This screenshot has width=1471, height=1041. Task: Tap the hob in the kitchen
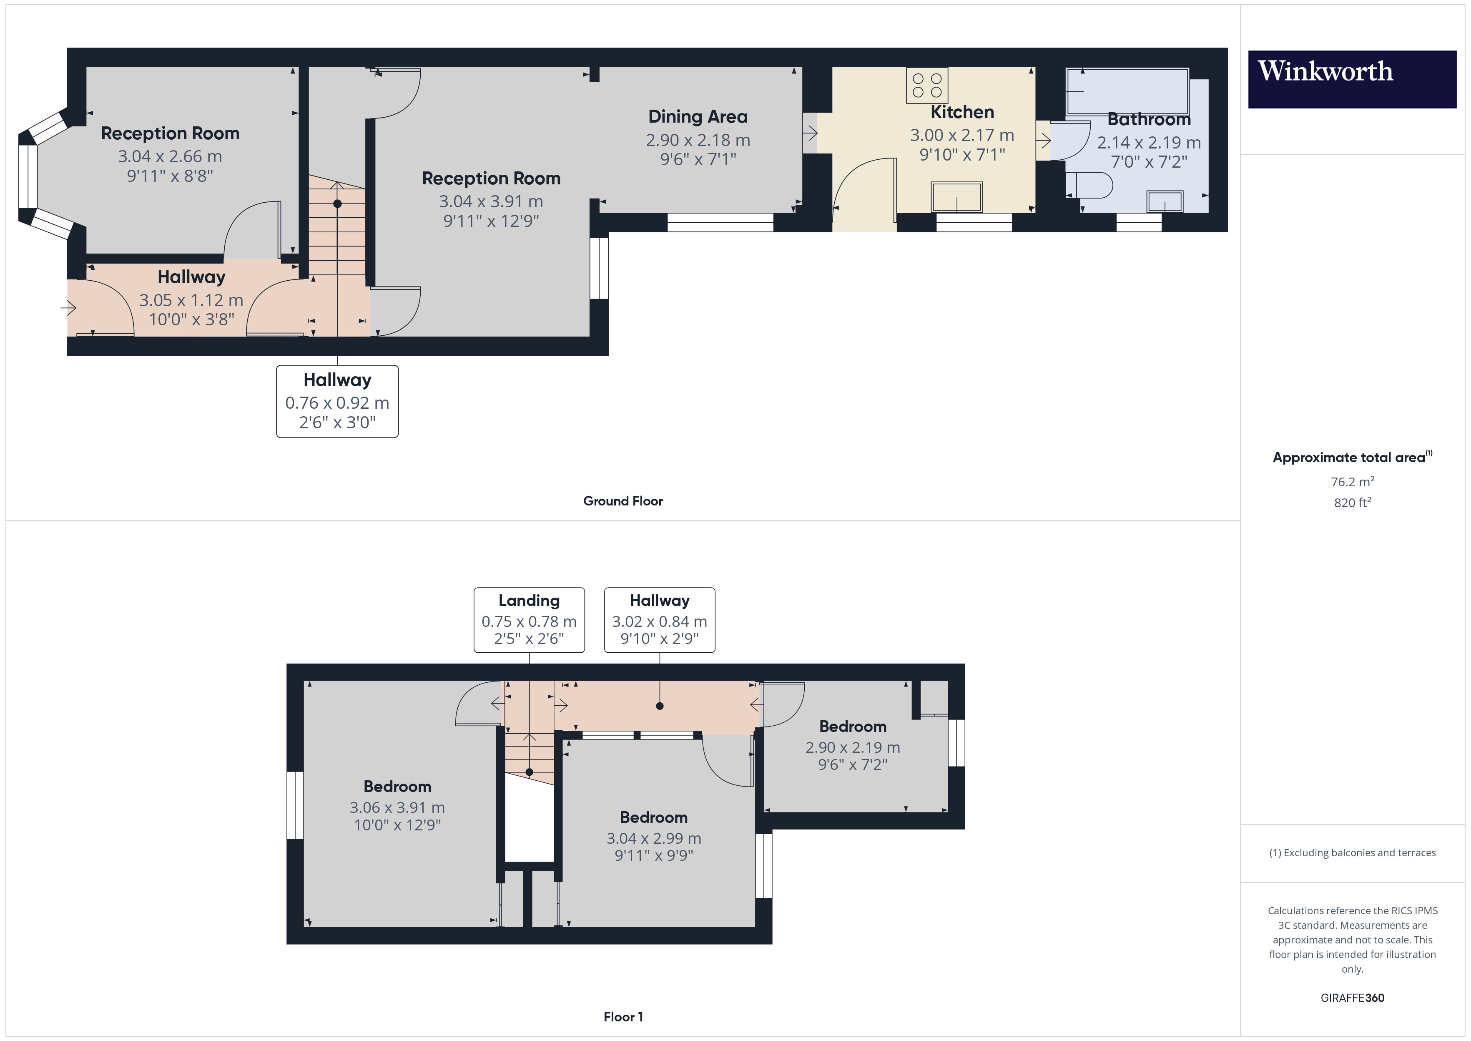[927, 85]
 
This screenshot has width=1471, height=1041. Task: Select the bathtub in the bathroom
[1127, 92]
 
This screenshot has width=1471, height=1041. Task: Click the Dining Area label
[698, 117]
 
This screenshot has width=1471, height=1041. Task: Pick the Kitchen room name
[962, 112]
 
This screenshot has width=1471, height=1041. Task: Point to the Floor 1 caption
[623, 1017]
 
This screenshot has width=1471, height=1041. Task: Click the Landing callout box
[529, 620]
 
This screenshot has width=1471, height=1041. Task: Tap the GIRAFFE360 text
[1353, 997]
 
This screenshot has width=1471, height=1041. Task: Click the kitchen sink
[956, 197]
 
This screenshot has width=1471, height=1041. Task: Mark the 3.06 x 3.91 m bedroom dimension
[397, 808]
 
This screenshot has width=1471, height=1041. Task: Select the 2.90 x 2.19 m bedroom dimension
[853, 747]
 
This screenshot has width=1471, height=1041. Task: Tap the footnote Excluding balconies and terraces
[1353, 852]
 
